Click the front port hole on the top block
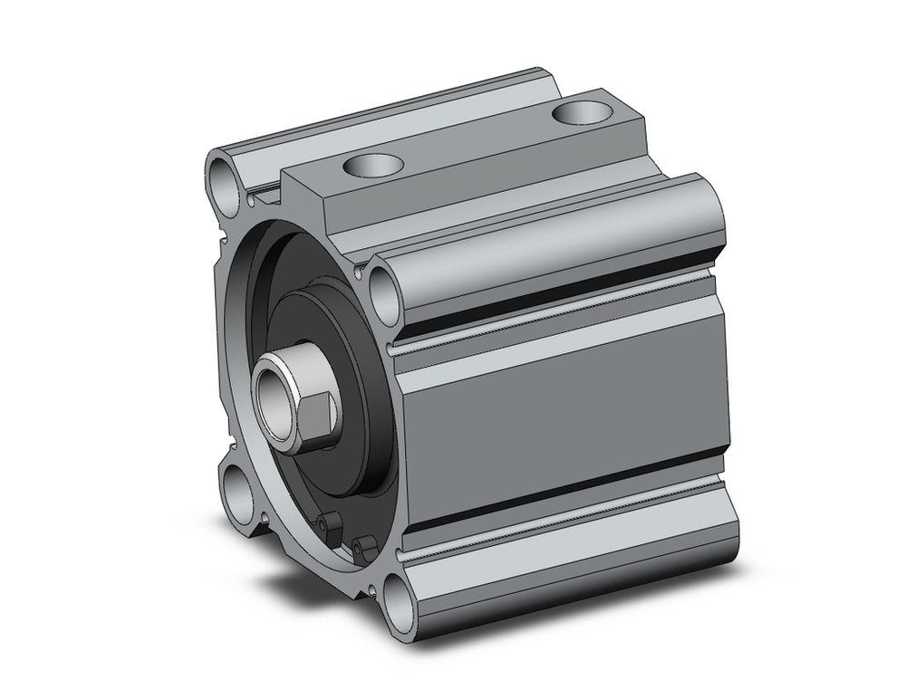pos(372,165)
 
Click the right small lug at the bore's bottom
pos(365,546)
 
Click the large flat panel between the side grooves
pos(562,398)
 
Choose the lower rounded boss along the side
pos(562,566)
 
